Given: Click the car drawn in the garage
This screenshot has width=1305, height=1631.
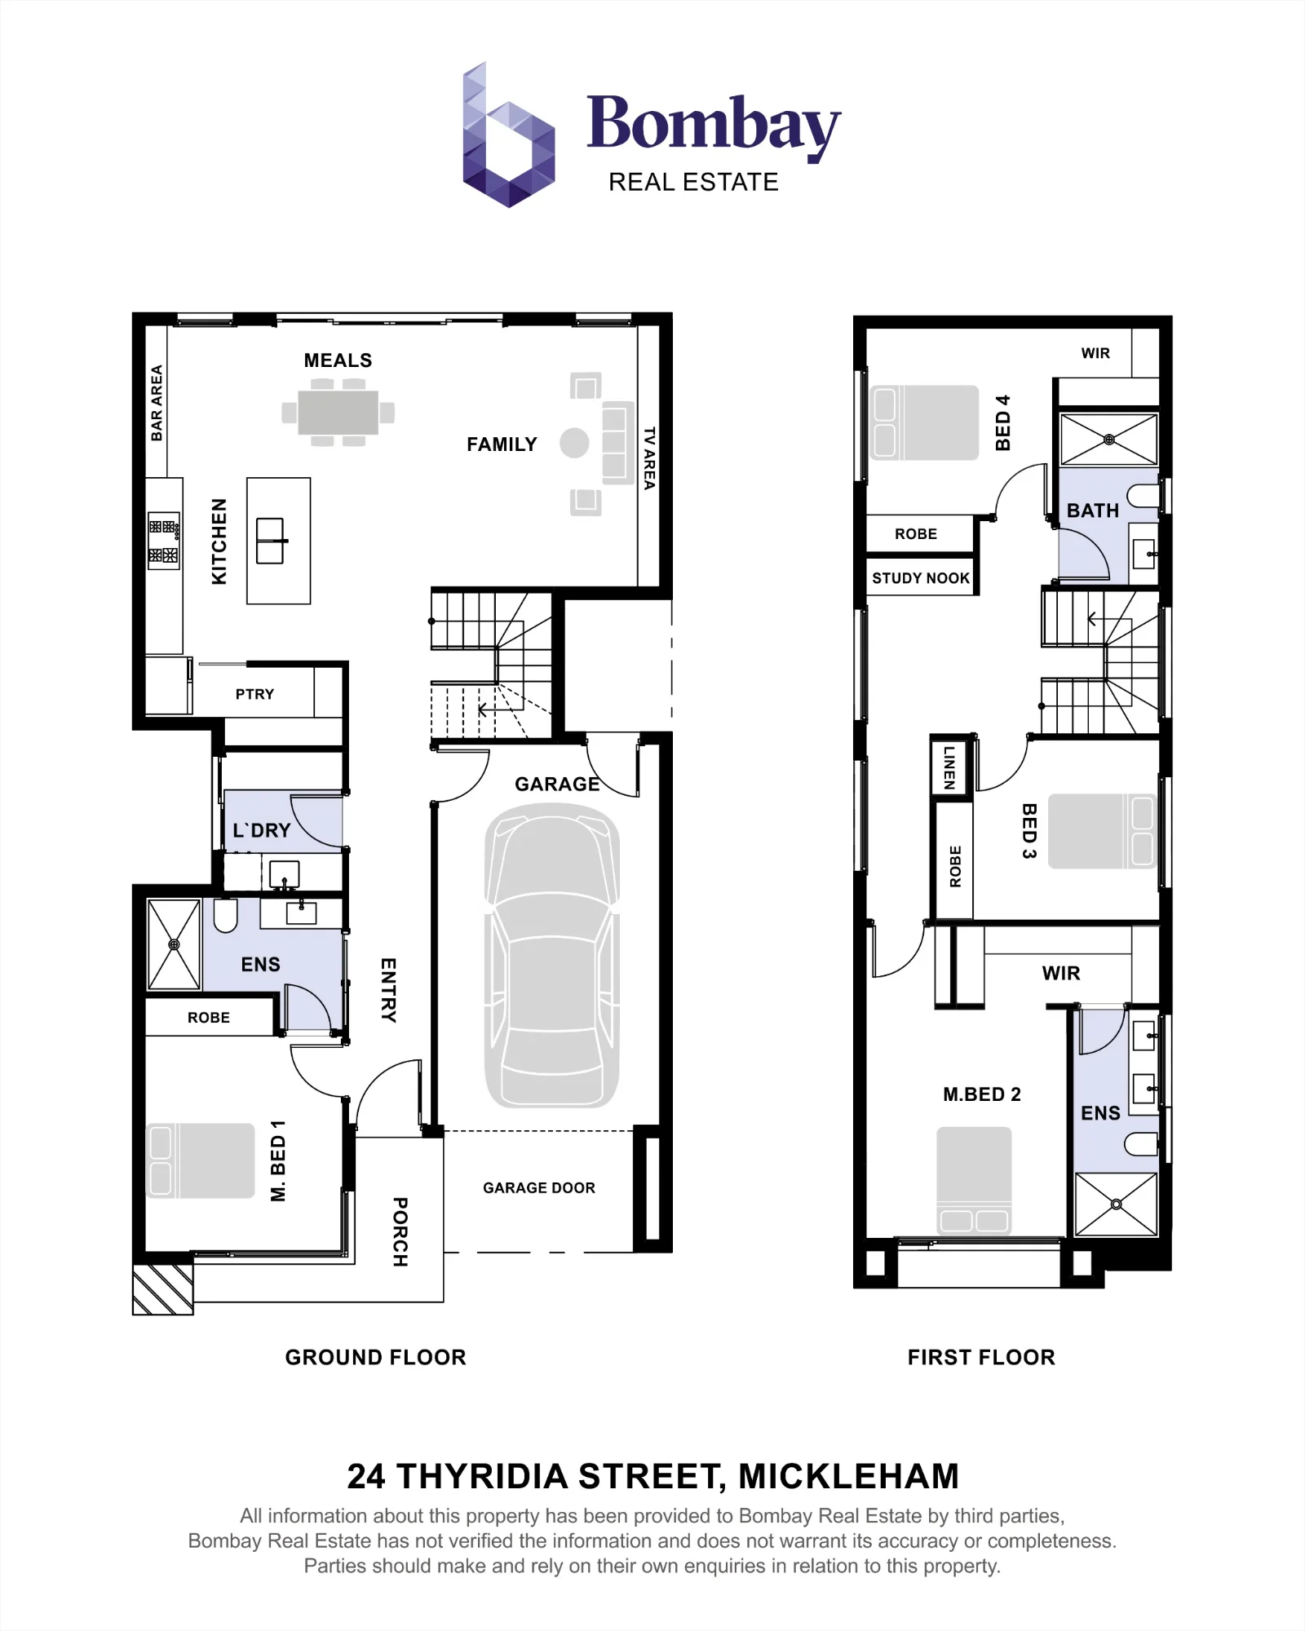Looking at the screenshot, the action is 552,955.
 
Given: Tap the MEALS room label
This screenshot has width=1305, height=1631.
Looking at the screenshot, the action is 338,360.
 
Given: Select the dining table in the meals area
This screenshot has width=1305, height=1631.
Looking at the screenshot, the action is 338,413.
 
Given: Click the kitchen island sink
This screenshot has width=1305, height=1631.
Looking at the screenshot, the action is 271,541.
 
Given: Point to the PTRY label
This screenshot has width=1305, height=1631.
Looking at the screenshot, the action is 254,694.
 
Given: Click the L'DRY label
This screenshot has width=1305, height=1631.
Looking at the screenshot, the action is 261,830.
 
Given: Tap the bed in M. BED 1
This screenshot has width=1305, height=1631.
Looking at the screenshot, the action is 201,1160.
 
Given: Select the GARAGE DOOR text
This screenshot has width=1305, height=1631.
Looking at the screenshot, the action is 539,1188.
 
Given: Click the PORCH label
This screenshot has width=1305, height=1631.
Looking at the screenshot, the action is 400,1231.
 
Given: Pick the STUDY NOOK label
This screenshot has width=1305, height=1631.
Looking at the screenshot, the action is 921,578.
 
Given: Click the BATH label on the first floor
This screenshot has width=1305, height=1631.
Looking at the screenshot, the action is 1093,511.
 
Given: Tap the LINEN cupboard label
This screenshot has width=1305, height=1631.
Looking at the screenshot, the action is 949,767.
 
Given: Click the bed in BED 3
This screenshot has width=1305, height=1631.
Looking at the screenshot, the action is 1101,831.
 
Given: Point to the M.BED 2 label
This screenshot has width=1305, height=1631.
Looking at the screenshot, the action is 982,1094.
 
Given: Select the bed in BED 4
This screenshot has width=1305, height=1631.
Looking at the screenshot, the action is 924,422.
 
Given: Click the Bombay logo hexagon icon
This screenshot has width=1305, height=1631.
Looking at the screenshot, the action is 508,135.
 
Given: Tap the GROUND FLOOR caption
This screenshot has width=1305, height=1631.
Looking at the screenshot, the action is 375,1357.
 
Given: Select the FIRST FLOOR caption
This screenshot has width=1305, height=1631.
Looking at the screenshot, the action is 981,1357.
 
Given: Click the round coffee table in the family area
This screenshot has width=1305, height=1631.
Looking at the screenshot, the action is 574,444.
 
